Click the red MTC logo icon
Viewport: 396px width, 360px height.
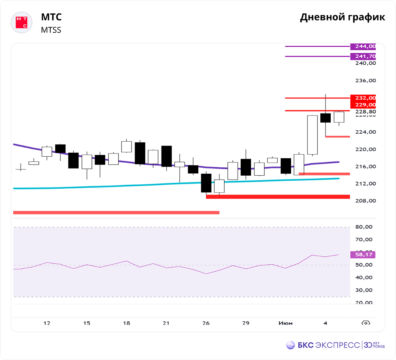(21, 23)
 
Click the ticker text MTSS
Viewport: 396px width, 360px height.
(51, 30)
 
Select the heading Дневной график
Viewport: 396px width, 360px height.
(342, 17)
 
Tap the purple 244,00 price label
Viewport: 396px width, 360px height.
(363, 46)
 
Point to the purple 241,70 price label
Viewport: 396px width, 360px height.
(363, 56)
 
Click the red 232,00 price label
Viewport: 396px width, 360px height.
(363, 98)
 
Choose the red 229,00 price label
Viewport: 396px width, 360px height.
(363, 104)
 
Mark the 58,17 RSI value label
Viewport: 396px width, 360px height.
(363, 254)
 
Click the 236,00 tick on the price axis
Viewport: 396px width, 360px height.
(365, 81)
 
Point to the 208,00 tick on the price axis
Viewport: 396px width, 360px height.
(365, 201)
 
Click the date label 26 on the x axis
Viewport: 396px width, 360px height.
(206, 323)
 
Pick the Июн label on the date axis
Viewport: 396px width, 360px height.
(286, 323)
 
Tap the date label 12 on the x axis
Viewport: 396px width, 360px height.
(47, 323)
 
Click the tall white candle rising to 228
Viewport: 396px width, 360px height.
(312, 135)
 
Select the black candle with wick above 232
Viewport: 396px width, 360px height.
(326, 118)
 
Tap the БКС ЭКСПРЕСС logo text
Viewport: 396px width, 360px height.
(328, 345)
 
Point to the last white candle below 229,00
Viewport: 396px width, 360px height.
(339, 117)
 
